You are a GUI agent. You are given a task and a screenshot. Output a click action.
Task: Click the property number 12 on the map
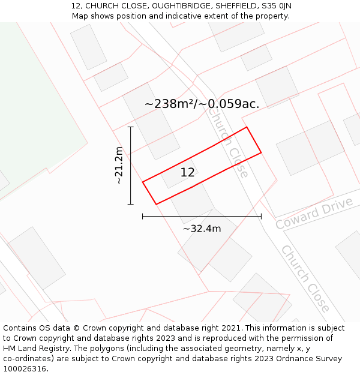187,173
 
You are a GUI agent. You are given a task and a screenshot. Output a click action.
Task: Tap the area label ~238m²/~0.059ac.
202,104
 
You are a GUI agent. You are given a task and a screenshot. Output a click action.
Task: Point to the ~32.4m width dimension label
202,229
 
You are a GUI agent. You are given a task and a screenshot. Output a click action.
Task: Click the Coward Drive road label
314,213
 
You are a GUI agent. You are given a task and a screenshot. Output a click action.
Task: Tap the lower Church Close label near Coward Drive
305,278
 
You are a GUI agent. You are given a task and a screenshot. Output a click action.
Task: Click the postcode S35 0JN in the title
276,6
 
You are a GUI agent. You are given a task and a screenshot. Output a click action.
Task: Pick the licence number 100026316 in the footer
25,368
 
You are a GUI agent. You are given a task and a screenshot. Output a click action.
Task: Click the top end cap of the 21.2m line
130,127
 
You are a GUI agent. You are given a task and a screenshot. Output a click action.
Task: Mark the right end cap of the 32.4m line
261,217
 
